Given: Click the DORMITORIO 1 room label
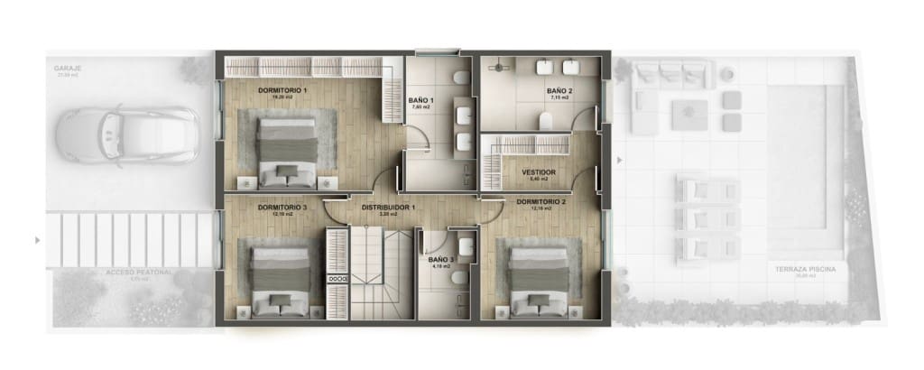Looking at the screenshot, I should tap(282, 91).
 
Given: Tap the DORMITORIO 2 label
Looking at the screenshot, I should tap(541, 201).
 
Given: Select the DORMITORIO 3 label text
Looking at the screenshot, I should tap(282, 208).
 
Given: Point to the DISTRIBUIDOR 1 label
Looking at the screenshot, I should tap(388, 208).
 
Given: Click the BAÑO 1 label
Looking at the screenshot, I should tap(421, 100).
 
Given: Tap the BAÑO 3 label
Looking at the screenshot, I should tap(440, 259).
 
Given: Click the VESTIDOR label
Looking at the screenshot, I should tap(539, 171).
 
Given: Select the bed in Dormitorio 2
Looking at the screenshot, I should tap(538, 279).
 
